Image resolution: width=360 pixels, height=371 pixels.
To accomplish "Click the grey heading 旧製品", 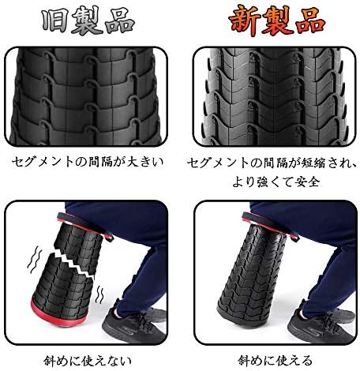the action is point(88,21).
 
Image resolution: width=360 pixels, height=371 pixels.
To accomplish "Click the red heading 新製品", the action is point(276,21).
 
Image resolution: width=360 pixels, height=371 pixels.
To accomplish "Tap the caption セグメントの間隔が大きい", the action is point(88,162).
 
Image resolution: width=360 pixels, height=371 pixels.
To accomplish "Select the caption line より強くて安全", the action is point(276,182).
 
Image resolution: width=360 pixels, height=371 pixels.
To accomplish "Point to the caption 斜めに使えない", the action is point(88,361).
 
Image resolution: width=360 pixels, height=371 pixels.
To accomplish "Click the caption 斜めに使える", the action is point(276,360).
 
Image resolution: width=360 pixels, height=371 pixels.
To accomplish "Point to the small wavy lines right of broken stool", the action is point(99,294).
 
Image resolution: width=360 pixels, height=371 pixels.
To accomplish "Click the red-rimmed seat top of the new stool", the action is point(270,227).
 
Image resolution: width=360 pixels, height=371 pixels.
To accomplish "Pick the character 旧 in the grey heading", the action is point(55,21).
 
